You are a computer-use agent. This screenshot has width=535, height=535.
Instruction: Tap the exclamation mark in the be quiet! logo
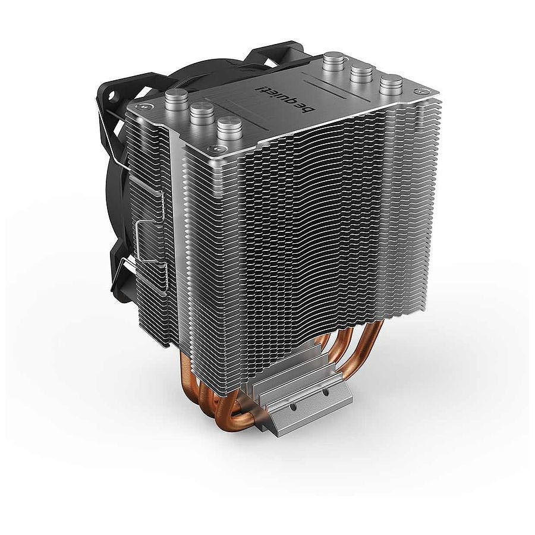(x=260, y=87)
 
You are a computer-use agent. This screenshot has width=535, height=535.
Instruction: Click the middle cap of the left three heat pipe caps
(x=202, y=114)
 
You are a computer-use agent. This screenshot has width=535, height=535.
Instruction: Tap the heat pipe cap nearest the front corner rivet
(x=229, y=129)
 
